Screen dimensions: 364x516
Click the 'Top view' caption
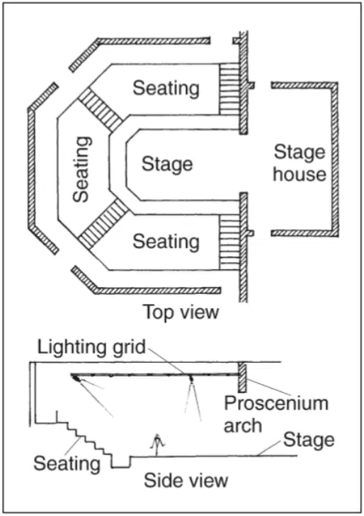coord(181,312)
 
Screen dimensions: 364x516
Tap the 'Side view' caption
coord(186,480)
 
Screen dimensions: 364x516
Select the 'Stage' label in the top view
coord(167,164)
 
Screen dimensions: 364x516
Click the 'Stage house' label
coord(300,163)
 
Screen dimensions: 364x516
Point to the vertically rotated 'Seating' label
coord(81,170)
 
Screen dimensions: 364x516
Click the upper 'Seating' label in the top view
coord(166,88)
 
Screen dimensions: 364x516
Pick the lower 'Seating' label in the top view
coord(166,241)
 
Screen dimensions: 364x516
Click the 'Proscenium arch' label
coord(276,414)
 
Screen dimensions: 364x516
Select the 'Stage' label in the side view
coord(309,440)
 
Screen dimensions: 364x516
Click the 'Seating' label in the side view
coord(67,464)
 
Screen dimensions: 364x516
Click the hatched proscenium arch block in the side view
coord(242,377)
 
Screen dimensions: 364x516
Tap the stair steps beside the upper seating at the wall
coord(229,89)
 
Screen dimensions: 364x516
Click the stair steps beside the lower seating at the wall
coord(229,242)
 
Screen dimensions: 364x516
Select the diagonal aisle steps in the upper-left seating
coord(101,110)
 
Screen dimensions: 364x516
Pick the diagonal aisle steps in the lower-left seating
coord(103,224)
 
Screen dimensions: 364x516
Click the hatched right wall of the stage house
coord(334,159)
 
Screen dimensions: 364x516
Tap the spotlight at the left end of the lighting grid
coord(76,378)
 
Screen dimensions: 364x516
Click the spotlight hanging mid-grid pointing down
coord(191,379)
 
